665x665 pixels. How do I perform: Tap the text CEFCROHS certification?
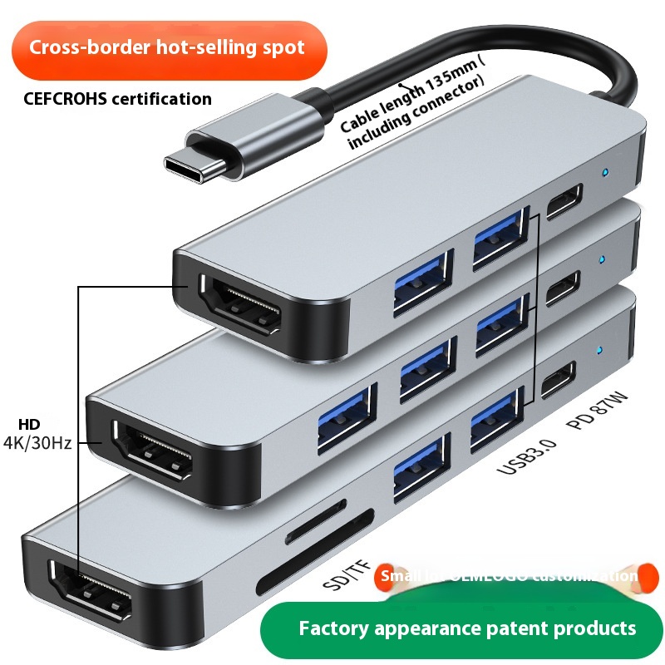pos(117,99)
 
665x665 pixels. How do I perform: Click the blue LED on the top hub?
pos(605,173)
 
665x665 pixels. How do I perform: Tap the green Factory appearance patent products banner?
pos(467,628)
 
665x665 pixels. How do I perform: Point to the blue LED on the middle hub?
pos(600,259)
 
